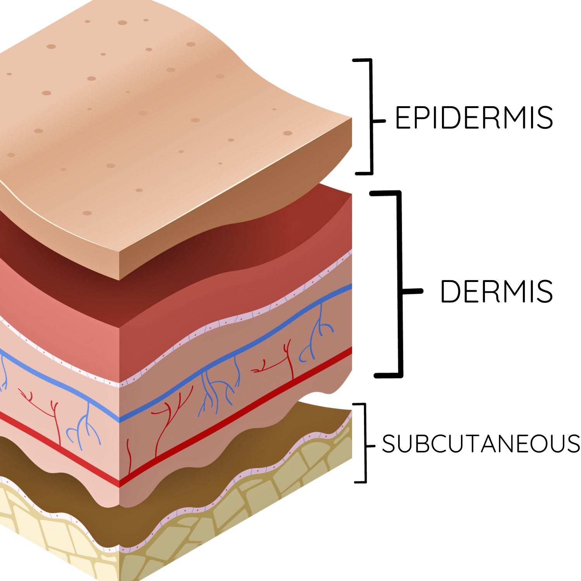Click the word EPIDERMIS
[473, 117]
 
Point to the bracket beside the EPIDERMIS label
[371, 116]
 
